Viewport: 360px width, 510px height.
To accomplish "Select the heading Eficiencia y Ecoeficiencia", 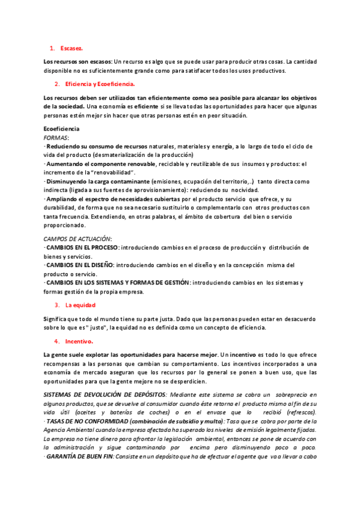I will pyautogui.click(x=100, y=84).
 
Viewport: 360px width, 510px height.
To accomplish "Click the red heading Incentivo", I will pyautogui.click(x=79, y=341).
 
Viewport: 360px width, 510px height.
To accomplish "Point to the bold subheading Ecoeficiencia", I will pyautogui.click(x=62, y=129).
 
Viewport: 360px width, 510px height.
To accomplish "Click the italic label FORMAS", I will pyautogui.click(x=56, y=137).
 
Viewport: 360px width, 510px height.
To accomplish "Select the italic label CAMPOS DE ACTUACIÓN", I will pyautogui.click(x=78, y=239).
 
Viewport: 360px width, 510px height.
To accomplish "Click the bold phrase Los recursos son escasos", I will pyautogui.click(x=78, y=62).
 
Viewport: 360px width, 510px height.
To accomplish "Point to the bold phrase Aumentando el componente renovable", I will pyautogui.click(x=100, y=164).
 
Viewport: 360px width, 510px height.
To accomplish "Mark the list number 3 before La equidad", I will pyautogui.click(x=56, y=304).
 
